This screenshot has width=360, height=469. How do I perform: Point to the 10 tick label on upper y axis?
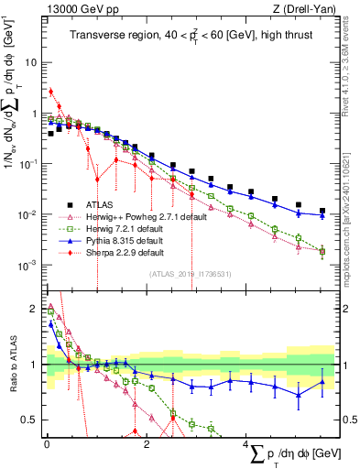point(31,63)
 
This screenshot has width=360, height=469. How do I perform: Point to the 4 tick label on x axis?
point(245,444)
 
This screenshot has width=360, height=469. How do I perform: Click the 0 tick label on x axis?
point(46,444)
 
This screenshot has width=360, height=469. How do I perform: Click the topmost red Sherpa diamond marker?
point(50,91)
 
